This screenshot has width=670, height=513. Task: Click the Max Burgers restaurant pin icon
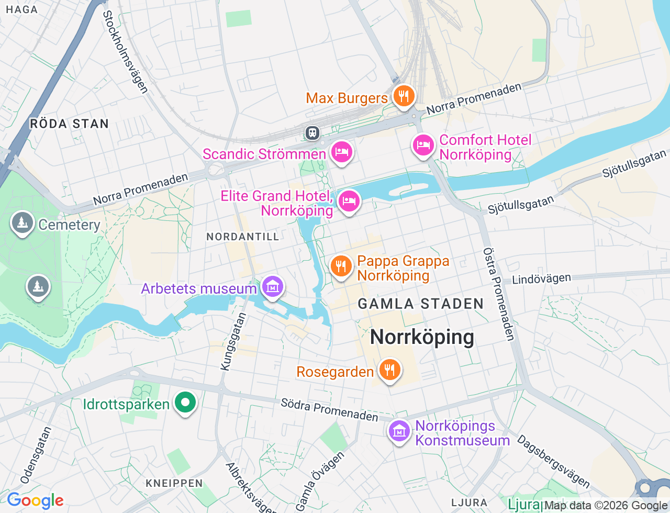coord(404,96)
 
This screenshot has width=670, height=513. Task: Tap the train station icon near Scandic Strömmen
coord(312,133)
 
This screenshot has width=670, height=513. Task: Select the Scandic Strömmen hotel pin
coord(342,152)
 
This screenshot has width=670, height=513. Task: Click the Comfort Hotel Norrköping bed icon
coord(423,145)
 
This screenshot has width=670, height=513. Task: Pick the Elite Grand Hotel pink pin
coord(349,201)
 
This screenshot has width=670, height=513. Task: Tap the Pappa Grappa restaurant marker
coord(341,266)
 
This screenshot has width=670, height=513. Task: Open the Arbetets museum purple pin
coord(273,287)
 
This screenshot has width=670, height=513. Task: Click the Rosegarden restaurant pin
coord(389,370)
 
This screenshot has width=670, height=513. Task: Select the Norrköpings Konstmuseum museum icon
coord(399,432)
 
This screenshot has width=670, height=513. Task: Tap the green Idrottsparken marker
coord(185,403)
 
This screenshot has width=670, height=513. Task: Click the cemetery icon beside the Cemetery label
coord(23,223)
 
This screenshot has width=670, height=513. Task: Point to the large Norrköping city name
coord(422,337)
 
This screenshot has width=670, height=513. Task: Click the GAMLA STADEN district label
coord(420,304)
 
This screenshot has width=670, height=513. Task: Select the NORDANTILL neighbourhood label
coord(243,237)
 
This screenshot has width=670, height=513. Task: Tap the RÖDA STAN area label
coord(69,124)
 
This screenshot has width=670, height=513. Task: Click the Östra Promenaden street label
coord(499,294)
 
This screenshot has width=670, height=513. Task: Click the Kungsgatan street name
coord(233,342)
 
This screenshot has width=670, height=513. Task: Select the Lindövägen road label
coord(541,279)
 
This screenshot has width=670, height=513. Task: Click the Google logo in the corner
coord(35,500)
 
